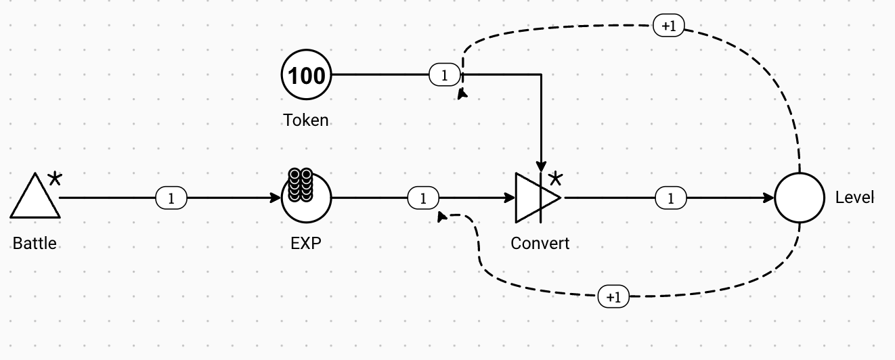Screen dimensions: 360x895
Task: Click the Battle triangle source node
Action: click(35, 199)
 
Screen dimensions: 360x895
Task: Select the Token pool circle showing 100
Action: click(306, 75)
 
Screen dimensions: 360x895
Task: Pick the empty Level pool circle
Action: click(800, 198)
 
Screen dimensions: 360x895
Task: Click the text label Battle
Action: click(35, 243)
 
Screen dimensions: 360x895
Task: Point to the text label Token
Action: click(306, 120)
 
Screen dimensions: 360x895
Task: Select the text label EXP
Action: click(306, 243)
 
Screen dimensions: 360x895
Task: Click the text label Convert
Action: click(540, 243)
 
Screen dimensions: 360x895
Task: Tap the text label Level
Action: click(854, 198)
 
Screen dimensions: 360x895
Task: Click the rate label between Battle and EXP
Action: click(171, 198)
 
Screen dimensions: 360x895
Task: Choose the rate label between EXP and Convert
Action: click(424, 198)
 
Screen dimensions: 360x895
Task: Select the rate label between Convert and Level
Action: click(671, 198)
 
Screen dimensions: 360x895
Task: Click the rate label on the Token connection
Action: click(444, 75)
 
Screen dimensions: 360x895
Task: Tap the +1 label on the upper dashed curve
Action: click(668, 26)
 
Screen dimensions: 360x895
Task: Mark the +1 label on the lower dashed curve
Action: click(613, 296)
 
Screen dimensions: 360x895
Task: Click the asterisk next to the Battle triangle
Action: click(55, 179)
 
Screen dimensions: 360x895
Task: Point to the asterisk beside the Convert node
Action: click(555, 179)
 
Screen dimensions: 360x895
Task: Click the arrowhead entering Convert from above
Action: click(541, 166)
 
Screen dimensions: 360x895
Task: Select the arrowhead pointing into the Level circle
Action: click(768, 198)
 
